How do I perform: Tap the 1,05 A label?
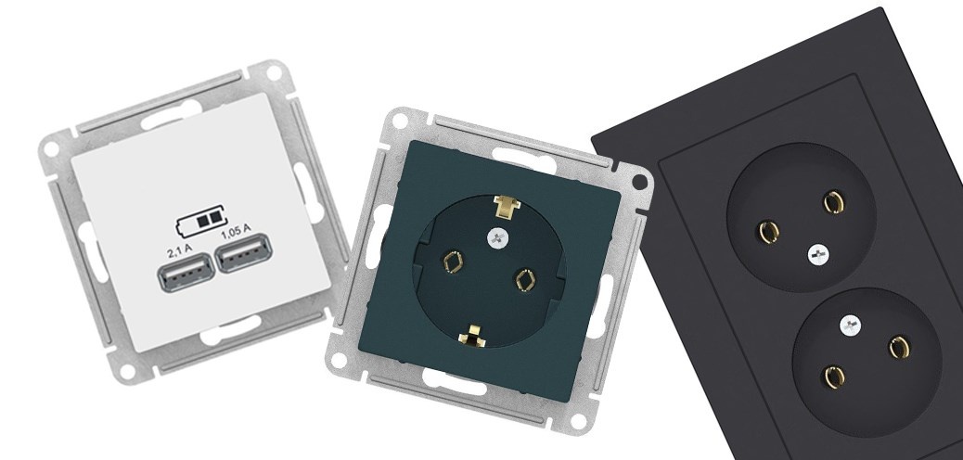[236, 231]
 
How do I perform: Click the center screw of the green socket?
[494, 238]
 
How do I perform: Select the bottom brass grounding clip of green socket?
[472, 336]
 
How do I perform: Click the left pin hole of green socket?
[454, 262]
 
